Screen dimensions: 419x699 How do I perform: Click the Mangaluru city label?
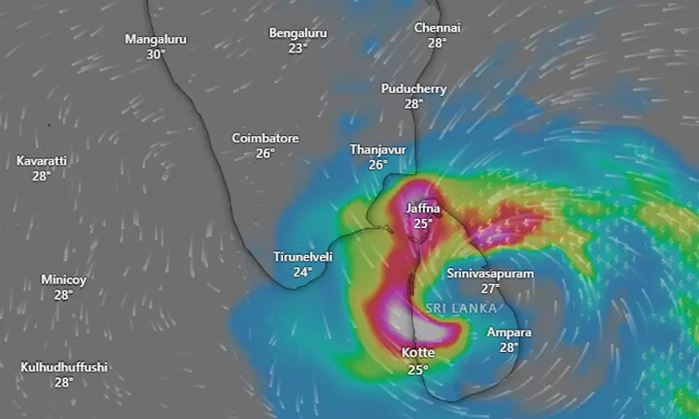pos(156,39)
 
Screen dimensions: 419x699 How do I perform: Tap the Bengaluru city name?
pos(297,33)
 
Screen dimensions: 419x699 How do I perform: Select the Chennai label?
pos(438,27)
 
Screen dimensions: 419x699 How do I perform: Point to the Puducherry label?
pos(414,88)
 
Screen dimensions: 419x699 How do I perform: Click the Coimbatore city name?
pos(266,138)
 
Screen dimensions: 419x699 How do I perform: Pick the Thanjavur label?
pos(377,149)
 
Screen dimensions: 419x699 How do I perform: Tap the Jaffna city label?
pos(423,209)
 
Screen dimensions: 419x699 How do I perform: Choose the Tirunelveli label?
pos(303,256)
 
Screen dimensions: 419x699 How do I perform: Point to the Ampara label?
pos(509,332)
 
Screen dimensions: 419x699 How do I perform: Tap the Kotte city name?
pos(418,353)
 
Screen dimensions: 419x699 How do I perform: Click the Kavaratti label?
pos(42,160)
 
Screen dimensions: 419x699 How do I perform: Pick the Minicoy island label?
pos(63,279)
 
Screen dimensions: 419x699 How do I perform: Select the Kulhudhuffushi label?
pos(63,367)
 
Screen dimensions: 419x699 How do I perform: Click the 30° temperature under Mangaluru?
pos(156,55)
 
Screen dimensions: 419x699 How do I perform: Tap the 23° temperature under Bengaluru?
pos(297,48)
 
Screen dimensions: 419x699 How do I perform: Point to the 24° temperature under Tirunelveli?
pos(303,272)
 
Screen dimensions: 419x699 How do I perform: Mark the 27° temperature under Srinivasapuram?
pos(490,290)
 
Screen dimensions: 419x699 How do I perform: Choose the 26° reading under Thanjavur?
pos(377,165)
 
